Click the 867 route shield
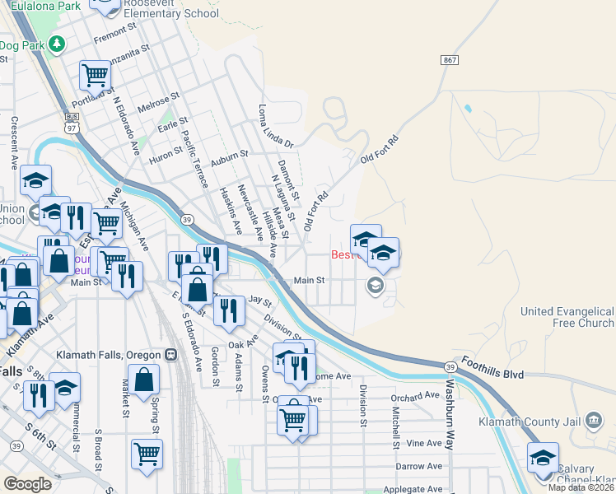[449, 60]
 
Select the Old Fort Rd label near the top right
[384, 152]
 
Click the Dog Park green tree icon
[57, 44]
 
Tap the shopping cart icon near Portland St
[96, 76]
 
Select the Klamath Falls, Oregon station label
[109, 355]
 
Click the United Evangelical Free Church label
[567, 317]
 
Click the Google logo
[27, 483]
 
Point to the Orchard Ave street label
[416, 395]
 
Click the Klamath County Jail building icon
[592, 423]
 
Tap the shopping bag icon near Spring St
[144, 380]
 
